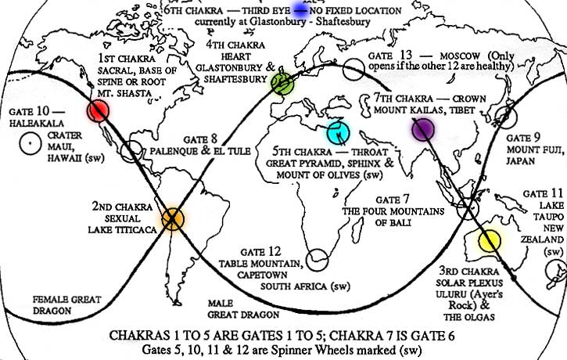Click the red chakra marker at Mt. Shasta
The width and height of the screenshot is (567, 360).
[97, 111]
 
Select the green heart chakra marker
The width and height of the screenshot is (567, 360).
[282, 84]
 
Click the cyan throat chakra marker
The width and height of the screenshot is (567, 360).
[339, 130]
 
